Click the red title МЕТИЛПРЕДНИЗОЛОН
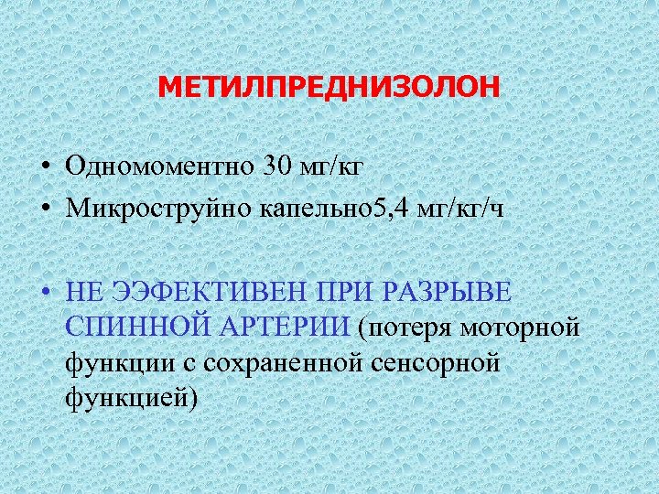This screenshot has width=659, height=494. pos(329,89)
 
